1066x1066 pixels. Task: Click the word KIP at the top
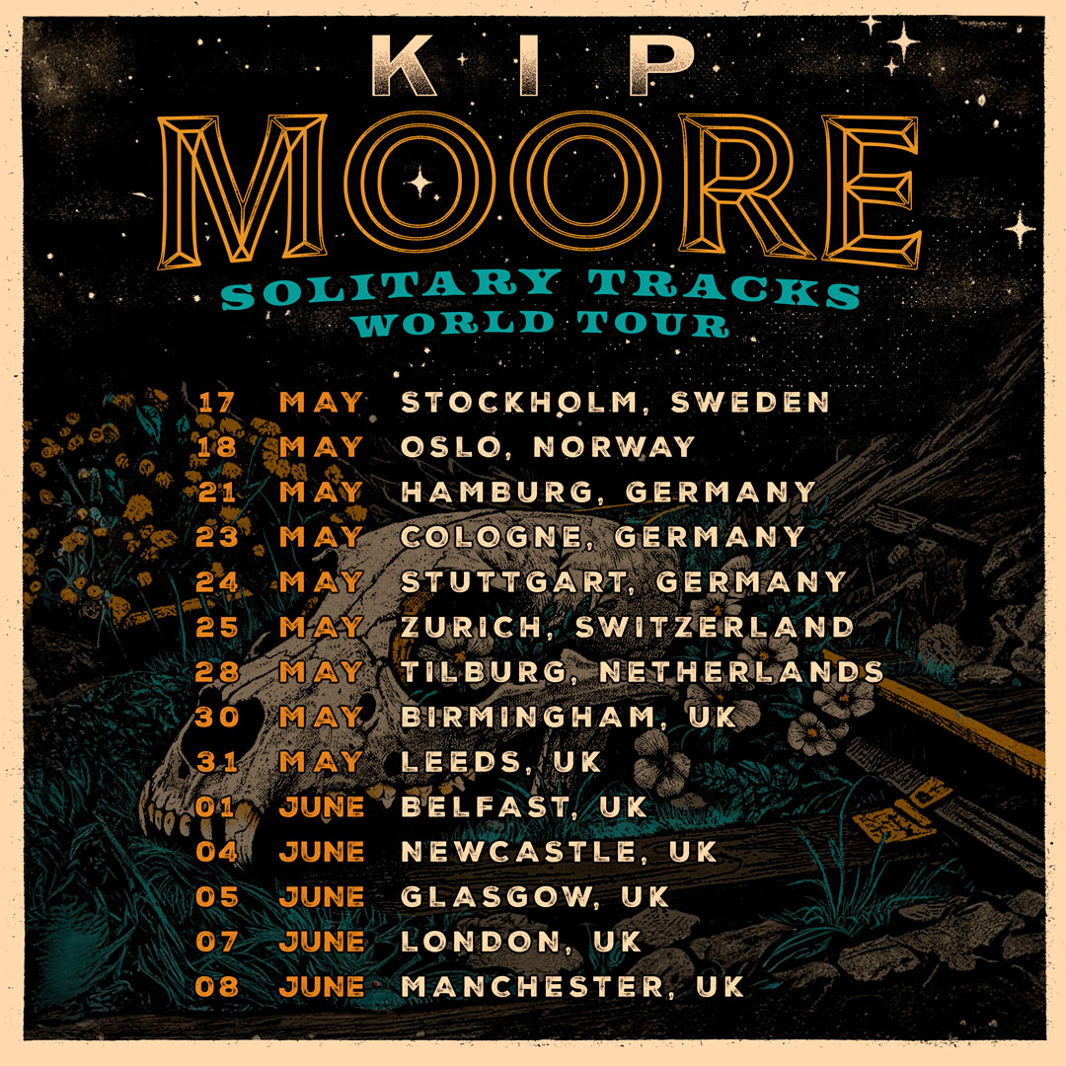click(x=532, y=70)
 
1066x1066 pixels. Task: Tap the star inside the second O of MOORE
click(x=420, y=182)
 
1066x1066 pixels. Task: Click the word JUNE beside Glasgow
click(x=322, y=896)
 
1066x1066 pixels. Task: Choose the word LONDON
click(x=478, y=941)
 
